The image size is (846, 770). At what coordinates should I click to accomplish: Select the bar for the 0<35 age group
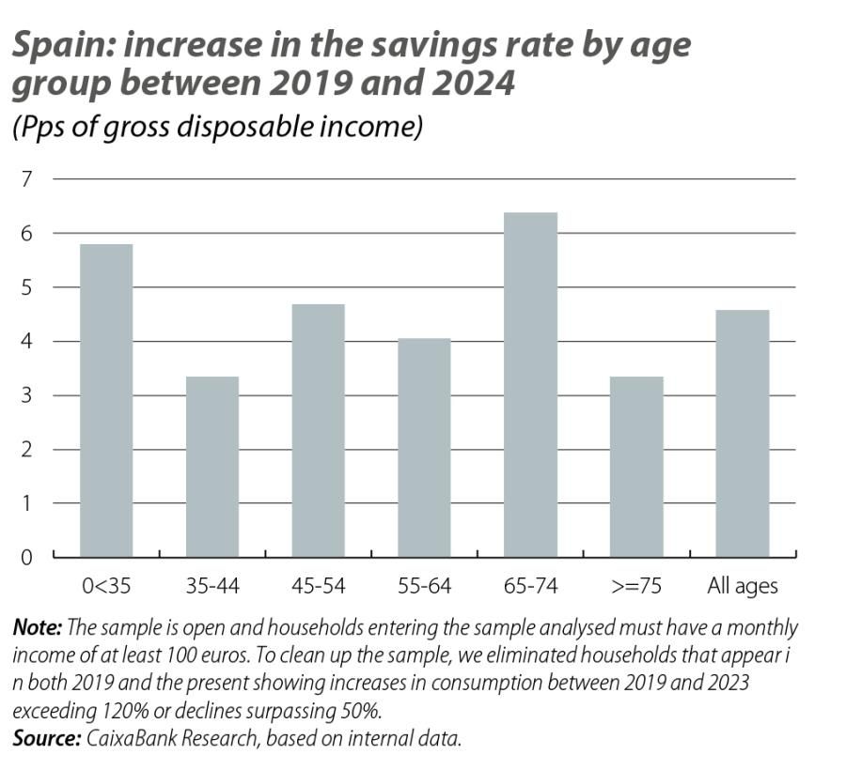click(x=106, y=401)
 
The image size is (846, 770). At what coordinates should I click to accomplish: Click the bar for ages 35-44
click(x=212, y=467)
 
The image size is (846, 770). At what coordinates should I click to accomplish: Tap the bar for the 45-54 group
click(x=318, y=430)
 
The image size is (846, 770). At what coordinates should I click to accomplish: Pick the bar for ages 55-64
click(x=424, y=448)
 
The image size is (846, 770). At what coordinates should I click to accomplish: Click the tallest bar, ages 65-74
click(x=530, y=385)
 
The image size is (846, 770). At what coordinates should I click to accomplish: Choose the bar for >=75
click(x=636, y=467)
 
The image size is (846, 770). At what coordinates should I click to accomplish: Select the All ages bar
click(x=742, y=433)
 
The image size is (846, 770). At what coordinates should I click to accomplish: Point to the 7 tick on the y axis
click(x=26, y=178)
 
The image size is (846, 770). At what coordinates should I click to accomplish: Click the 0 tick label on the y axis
click(x=26, y=557)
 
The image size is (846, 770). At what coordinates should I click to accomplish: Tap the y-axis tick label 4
click(x=26, y=341)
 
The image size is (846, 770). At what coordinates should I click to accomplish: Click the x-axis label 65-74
click(x=530, y=587)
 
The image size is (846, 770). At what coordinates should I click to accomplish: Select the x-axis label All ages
click(x=742, y=587)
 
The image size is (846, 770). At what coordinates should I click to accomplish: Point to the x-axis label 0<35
click(x=106, y=587)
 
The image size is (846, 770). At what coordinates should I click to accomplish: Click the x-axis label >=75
click(x=636, y=587)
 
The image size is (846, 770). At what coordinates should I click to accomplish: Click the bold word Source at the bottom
click(x=46, y=738)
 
